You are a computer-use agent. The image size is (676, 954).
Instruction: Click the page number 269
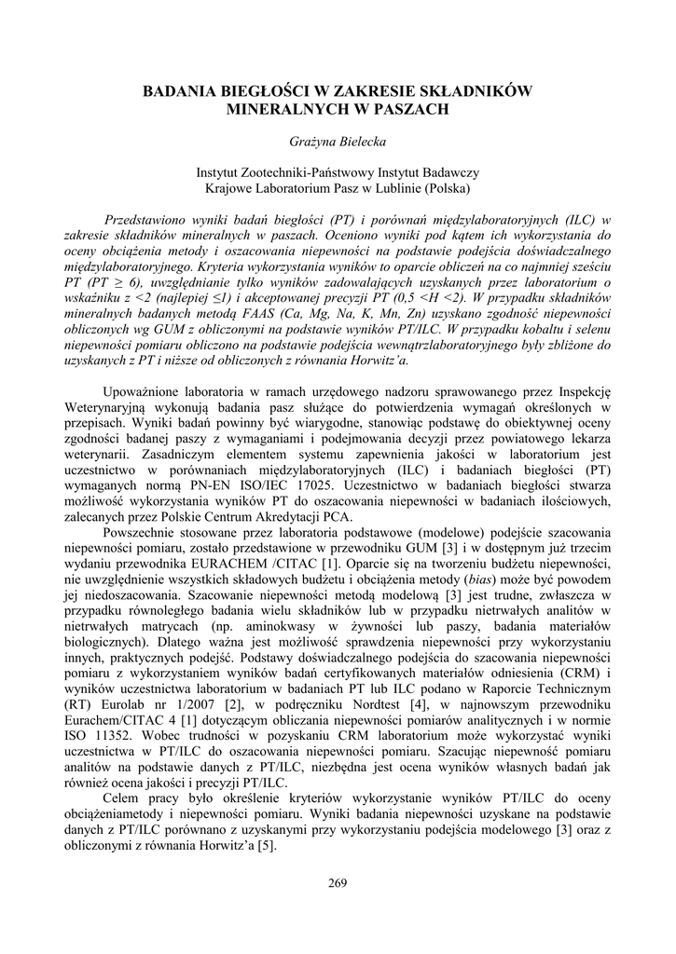click(x=338, y=882)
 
